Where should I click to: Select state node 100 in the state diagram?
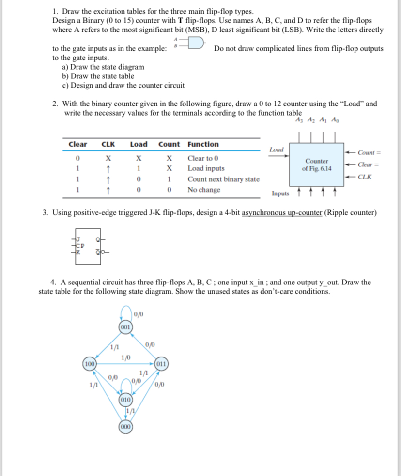[x=90, y=363]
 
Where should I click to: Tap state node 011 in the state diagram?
[x=161, y=363]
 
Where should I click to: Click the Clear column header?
[x=78, y=144]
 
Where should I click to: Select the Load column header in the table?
[x=139, y=144]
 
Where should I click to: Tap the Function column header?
[x=203, y=144]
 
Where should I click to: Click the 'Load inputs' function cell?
[x=206, y=169]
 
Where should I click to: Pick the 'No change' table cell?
[x=203, y=190]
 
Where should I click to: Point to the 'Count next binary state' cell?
[x=223, y=179]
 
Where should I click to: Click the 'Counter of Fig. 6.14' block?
[x=316, y=164]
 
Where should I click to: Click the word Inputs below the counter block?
[x=281, y=194]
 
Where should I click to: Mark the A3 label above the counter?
[x=298, y=121]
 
